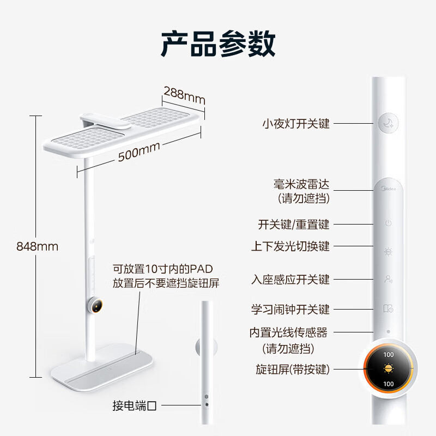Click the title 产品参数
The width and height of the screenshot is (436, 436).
218,45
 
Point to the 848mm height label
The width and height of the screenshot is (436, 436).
37,246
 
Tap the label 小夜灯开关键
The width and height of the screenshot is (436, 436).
295,124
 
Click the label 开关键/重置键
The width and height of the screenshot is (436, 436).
293,225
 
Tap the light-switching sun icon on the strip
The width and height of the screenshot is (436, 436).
388,251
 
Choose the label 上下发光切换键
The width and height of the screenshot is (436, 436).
290,246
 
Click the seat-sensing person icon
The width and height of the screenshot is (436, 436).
388,280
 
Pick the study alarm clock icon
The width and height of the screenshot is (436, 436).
388,309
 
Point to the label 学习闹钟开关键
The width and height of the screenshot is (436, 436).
290,310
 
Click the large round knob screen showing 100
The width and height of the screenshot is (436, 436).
389,370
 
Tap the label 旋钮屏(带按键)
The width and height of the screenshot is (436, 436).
293,370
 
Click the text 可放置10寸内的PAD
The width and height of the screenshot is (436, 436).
162,269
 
